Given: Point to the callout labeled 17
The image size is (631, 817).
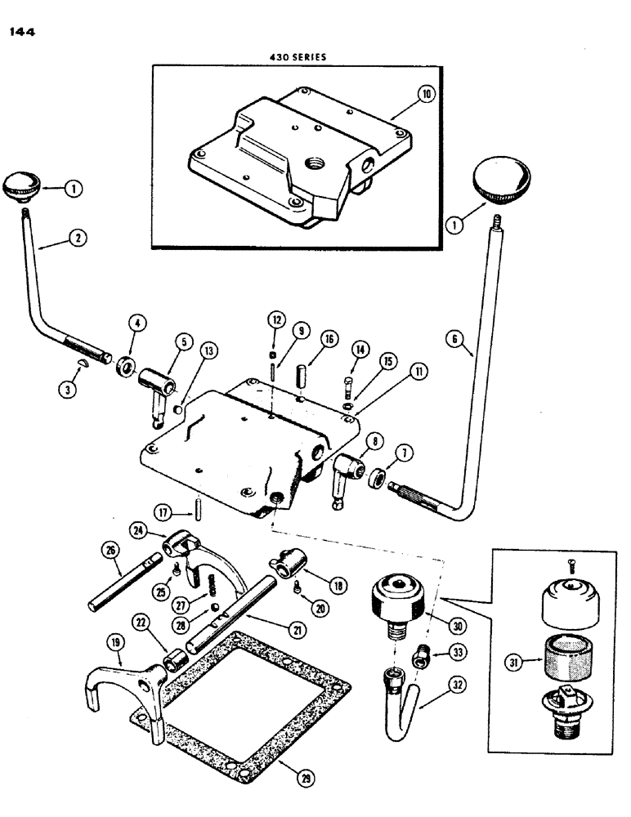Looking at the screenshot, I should pos(166,514).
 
